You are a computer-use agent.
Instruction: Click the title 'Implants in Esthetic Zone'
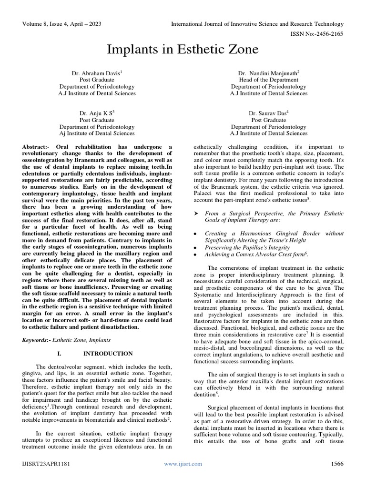tap(183, 50)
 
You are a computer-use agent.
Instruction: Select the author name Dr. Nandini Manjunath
tap(268, 73)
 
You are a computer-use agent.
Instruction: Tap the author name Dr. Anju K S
tap(97, 113)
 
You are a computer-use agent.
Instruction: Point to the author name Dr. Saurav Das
tap(268, 113)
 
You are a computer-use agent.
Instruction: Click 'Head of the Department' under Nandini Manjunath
tap(269, 80)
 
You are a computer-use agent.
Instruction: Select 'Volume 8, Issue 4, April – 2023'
tap(61, 24)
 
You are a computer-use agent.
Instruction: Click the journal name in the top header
tap(257, 24)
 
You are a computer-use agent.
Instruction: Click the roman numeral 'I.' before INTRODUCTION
tap(59, 354)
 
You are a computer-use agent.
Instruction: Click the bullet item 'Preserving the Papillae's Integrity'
tap(247, 248)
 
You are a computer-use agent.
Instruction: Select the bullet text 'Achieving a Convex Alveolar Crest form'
tap(255, 255)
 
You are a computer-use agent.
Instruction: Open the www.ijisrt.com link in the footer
tap(183, 464)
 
